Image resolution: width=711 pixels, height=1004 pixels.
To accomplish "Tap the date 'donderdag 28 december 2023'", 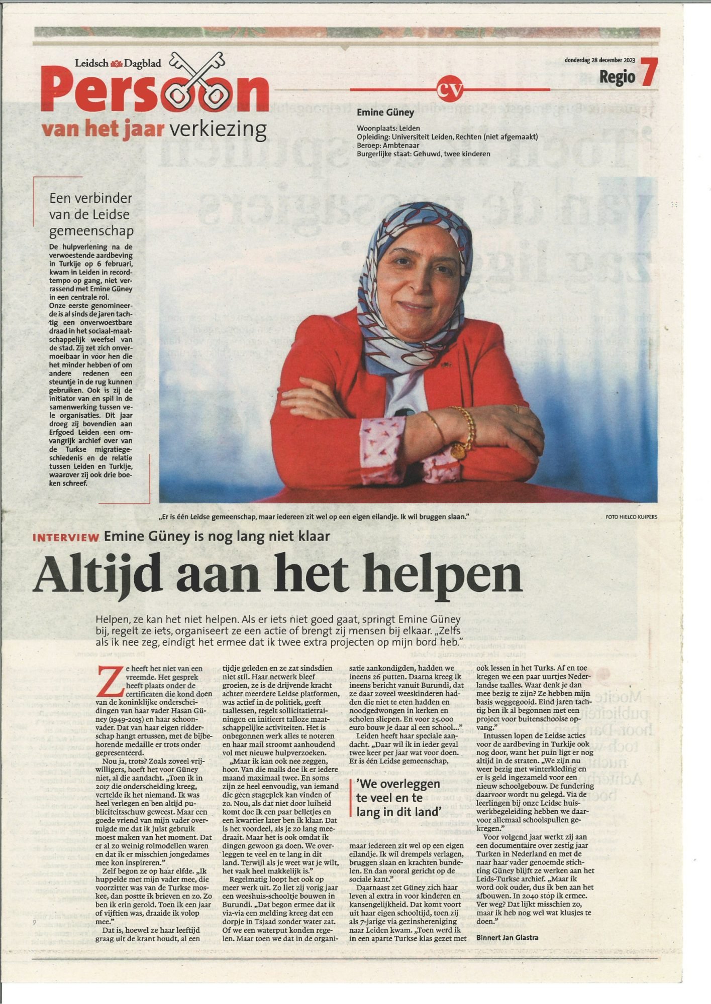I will click(599, 60).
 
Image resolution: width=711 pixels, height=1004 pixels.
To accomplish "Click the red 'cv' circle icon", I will click(449, 89).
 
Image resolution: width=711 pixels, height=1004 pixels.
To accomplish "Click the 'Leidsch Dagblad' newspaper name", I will click(118, 63).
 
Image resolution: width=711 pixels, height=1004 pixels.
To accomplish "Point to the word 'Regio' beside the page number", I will click(617, 78).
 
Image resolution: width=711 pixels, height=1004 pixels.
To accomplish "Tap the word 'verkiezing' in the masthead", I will click(218, 130).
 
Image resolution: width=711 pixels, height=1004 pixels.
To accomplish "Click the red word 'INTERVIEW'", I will click(66, 538).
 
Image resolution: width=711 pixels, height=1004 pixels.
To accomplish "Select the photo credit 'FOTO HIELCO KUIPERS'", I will click(631, 517).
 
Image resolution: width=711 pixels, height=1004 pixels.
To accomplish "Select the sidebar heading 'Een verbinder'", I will click(91, 198).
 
